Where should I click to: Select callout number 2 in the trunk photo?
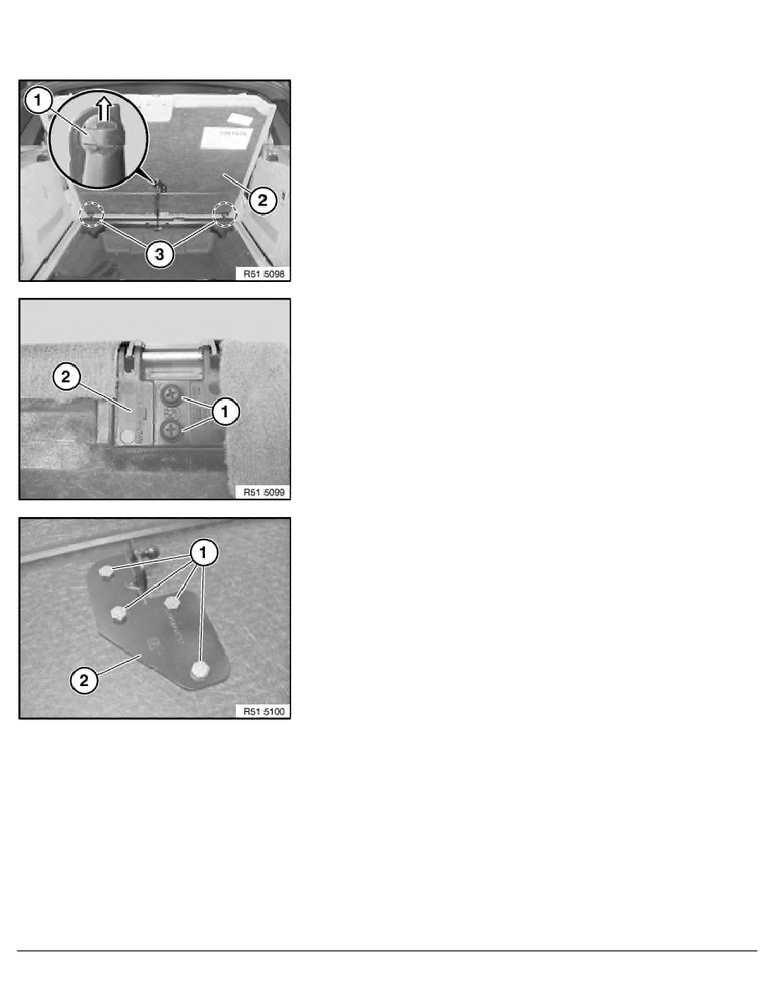click(x=261, y=199)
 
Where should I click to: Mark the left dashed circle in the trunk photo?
click(x=92, y=215)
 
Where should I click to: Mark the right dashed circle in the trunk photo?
click(x=225, y=214)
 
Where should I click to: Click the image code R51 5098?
click(x=263, y=273)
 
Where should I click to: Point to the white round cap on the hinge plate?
click(x=127, y=436)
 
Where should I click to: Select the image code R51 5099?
click(x=263, y=492)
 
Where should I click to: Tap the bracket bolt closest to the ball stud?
click(x=106, y=571)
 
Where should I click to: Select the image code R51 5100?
click(x=263, y=711)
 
